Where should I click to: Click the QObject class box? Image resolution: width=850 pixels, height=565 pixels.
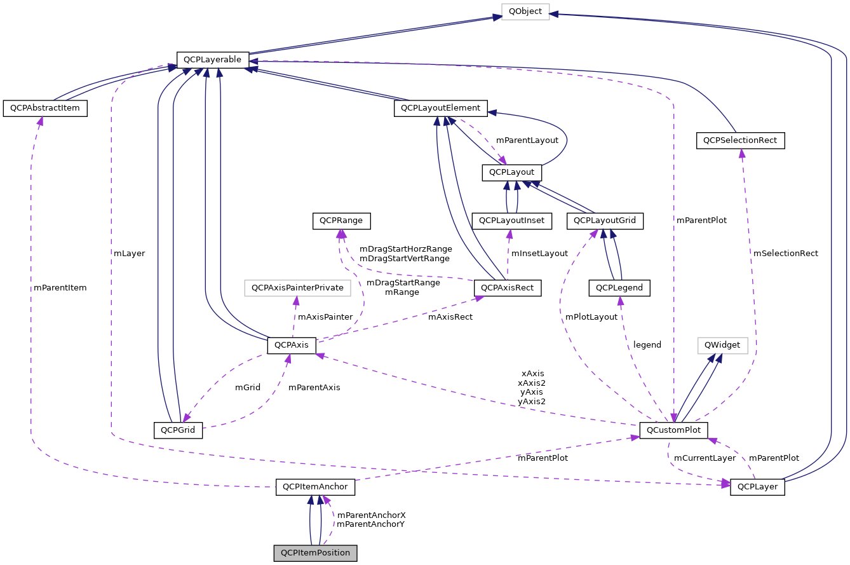click(525, 12)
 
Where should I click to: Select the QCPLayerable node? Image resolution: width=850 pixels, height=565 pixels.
click(212, 60)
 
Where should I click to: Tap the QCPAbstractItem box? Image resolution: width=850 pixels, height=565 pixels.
click(44, 108)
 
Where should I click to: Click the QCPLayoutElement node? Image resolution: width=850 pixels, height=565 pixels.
click(441, 108)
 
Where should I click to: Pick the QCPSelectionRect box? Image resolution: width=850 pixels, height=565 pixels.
click(740, 140)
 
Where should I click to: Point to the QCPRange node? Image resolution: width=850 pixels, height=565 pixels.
click(341, 221)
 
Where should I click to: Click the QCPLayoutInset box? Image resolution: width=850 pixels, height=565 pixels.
click(512, 221)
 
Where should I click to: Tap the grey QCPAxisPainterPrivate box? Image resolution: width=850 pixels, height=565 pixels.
click(297, 288)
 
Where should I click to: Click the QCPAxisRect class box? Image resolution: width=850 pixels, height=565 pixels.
click(508, 288)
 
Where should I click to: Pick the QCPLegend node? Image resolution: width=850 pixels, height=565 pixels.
click(619, 288)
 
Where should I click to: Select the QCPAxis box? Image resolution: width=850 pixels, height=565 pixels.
click(292, 345)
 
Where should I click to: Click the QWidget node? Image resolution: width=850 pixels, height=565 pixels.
click(722, 345)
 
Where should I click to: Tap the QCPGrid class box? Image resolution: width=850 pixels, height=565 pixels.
click(178, 430)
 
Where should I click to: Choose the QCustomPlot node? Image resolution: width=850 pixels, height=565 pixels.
click(673, 430)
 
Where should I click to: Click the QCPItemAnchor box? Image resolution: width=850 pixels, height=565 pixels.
click(315, 487)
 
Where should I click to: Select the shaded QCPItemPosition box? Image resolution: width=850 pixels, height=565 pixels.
click(315, 553)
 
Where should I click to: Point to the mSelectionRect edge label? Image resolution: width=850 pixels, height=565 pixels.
click(785, 253)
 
